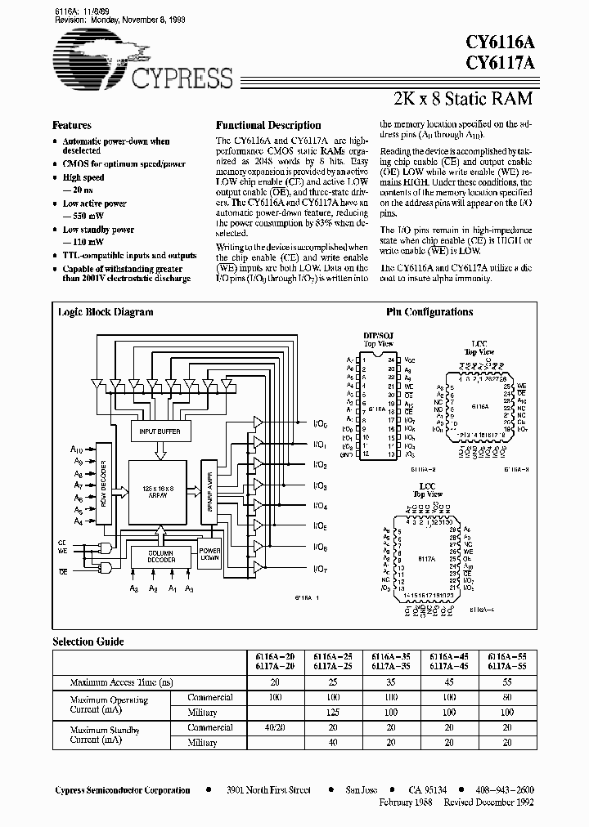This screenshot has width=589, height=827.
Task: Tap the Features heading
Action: [x=72, y=126]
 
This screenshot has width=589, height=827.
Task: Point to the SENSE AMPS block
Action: [x=209, y=490]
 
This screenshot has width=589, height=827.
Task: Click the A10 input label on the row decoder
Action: [x=77, y=449]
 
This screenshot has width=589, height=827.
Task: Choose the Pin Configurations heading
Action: [x=429, y=312]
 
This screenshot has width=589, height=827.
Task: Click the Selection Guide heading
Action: [x=85, y=641]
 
